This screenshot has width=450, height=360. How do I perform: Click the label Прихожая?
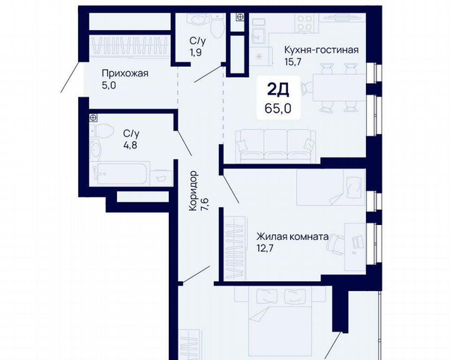coord(124,73)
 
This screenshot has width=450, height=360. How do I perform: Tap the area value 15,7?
coord(292,61)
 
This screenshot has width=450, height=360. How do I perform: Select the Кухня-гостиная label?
coord(322,49)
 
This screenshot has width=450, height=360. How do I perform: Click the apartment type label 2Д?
coord(278,90)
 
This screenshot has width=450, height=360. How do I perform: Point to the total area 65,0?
coord(278,109)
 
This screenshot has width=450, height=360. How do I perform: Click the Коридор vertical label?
coord(193,190)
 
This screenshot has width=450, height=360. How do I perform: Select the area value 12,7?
coord(265,248)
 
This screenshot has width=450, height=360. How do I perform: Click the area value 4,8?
coord(130,145)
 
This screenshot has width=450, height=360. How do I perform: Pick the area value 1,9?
coord(196,52)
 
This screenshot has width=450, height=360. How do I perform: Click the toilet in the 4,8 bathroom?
coord(102,130)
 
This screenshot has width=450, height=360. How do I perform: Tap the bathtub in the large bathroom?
coord(120,173)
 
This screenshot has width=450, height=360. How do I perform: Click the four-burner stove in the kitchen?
coord(304,22)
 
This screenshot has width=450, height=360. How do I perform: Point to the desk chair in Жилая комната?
coord(335,244)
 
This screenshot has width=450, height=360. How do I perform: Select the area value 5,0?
coord(109,85)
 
